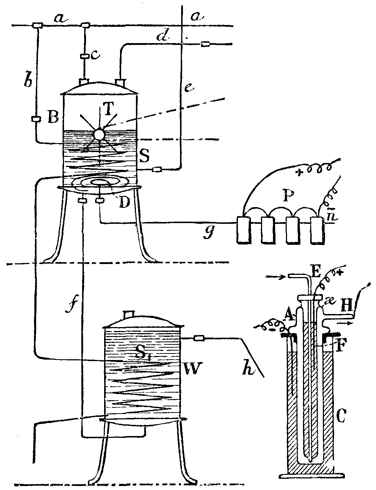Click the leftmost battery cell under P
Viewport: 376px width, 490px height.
tap(243, 230)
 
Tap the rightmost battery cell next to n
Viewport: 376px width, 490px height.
tap(317, 230)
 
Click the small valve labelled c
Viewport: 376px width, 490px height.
tap(85, 56)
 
